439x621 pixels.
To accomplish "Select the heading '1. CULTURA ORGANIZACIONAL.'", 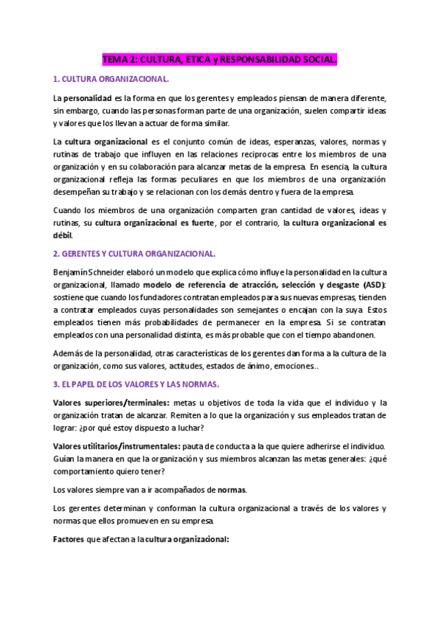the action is pos(111,78).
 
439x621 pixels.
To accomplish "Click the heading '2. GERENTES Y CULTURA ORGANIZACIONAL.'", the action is pos(135,254).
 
